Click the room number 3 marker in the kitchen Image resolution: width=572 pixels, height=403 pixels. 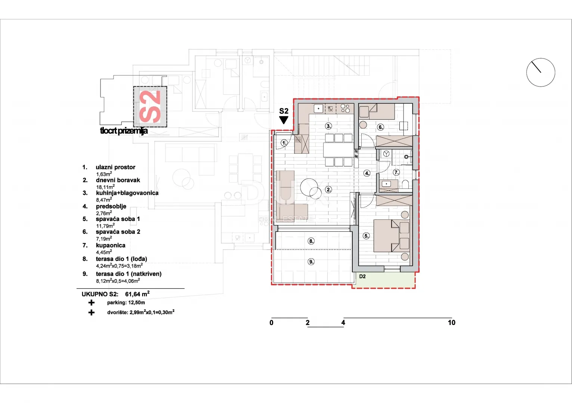[x=328, y=126]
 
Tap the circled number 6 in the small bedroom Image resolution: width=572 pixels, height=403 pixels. [x=380, y=127]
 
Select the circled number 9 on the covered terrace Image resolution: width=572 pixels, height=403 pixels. [x=311, y=262]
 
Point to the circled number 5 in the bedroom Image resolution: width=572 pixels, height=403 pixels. [x=366, y=236]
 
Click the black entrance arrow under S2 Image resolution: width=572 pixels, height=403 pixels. [x=284, y=120]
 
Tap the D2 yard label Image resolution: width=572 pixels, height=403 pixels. [x=362, y=277]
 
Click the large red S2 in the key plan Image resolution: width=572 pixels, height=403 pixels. [x=150, y=107]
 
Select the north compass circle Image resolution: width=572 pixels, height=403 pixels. [x=541, y=72]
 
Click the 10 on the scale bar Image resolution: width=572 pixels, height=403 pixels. [x=451, y=323]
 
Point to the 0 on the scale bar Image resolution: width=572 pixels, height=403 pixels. [x=272, y=323]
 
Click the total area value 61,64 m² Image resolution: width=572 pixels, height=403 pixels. [x=137, y=294]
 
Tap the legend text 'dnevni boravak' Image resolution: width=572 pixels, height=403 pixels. [x=118, y=180]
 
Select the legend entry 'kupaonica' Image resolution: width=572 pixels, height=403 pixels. [x=111, y=246]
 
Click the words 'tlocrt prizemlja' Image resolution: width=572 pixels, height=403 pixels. [x=124, y=131]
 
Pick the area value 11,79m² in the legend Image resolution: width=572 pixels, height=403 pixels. [x=105, y=225]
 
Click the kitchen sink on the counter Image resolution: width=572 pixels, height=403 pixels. [x=318, y=109]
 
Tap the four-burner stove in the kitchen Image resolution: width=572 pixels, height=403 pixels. [x=345, y=109]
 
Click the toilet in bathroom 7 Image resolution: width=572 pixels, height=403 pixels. [x=405, y=184]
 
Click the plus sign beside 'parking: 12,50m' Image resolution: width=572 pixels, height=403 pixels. [x=91, y=303]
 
